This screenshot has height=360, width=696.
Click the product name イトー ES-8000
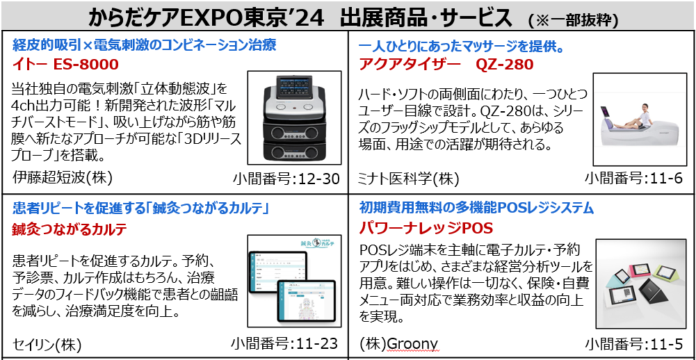tap(66, 65)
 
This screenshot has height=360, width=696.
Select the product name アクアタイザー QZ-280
tap(446, 65)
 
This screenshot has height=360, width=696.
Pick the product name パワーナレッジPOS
tap(426, 229)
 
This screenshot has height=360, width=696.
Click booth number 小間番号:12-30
tap(286, 179)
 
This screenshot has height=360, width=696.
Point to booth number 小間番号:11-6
tap(633, 179)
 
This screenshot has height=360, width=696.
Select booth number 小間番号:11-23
tap(286, 343)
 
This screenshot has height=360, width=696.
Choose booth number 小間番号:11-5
tap(633, 343)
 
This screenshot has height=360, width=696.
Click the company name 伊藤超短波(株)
tap(63, 179)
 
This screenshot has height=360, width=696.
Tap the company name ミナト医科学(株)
tap(408, 179)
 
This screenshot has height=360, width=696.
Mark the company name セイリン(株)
tap(47, 343)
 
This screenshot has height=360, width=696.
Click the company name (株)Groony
tap(398, 343)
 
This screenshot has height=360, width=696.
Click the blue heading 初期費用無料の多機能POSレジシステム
tap(476, 207)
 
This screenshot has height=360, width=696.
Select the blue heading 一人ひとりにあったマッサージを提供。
tap(460, 46)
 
